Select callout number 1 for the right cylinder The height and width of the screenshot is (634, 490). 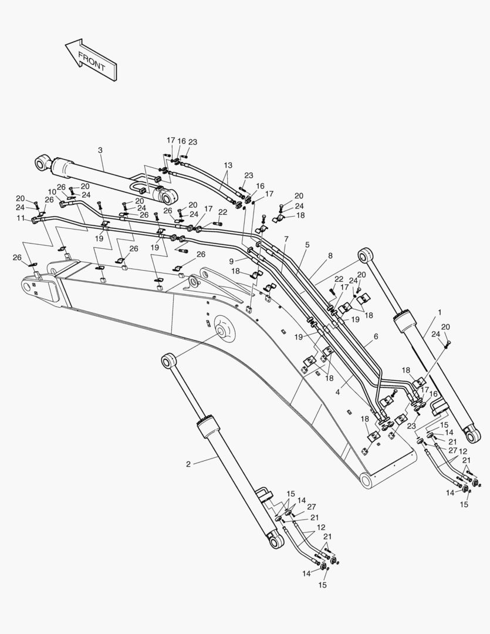tap(440, 313)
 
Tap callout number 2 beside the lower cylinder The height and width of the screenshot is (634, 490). tap(188, 464)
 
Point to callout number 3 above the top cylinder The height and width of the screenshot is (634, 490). tap(100, 150)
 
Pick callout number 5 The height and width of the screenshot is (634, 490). tap(307, 245)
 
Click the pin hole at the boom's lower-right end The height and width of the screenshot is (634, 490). tap(367, 481)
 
